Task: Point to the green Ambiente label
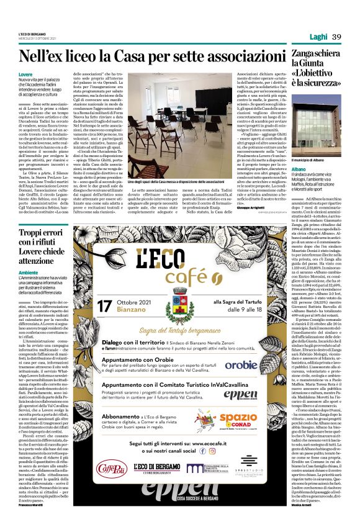coord(28,272)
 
